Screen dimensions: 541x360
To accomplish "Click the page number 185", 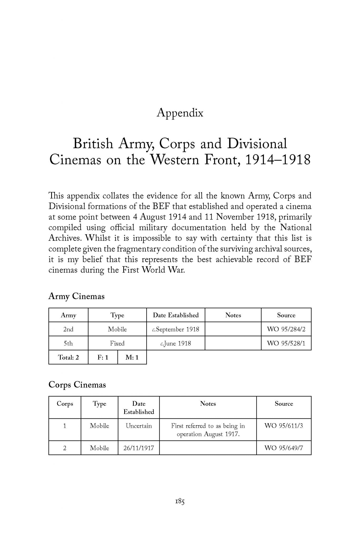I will [x=180, y=501].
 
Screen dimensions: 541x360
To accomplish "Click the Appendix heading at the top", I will [x=180, y=113].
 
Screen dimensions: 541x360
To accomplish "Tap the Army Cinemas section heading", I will [x=76, y=296].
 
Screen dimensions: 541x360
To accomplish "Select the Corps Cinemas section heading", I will [x=77, y=385].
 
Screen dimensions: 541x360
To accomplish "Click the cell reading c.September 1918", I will [x=176, y=329].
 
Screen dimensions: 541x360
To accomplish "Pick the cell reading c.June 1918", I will [x=176, y=343].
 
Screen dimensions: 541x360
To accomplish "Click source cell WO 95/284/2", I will [x=286, y=329].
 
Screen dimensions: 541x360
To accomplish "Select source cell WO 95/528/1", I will [x=286, y=343].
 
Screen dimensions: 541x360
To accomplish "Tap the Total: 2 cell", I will [x=68, y=358].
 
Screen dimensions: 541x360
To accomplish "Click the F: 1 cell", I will [x=103, y=358].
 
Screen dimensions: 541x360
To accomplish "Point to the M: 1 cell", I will [x=132, y=358].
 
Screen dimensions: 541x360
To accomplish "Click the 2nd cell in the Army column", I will [x=68, y=329].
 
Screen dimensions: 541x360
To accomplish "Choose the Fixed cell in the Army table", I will [x=117, y=343].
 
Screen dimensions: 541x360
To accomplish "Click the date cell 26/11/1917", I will [x=139, y=448].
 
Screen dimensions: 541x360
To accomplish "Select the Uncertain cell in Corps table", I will [x=139, y=426].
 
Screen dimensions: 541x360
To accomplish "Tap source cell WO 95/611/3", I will [x=284, y=426].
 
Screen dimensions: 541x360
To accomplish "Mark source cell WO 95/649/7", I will [x=284, y=448].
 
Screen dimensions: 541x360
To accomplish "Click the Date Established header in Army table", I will [x=176, y=315].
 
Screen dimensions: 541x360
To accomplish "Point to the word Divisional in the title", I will [x=257, y=144].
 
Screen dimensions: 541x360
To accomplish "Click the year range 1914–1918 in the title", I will [x=278, y=160].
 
